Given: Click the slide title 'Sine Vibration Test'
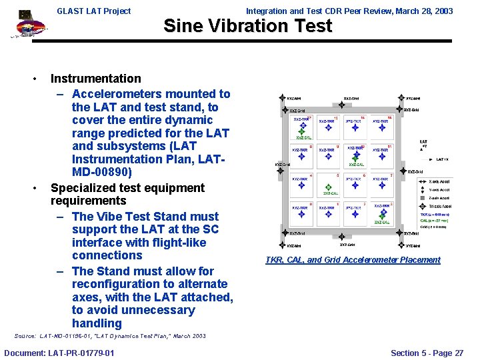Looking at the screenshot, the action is (x=247, y=26).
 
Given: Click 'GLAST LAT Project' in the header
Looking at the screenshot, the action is (x=93, y=11).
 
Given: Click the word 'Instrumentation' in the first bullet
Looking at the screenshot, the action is (x=96, y=79).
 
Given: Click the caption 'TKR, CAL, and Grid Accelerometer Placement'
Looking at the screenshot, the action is (x=353, y=260).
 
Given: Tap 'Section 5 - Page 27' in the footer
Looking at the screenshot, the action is (x=427, y=353).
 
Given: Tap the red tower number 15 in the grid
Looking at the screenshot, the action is (x=389, y=118).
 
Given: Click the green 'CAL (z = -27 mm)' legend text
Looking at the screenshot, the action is (x=435, y=220).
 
